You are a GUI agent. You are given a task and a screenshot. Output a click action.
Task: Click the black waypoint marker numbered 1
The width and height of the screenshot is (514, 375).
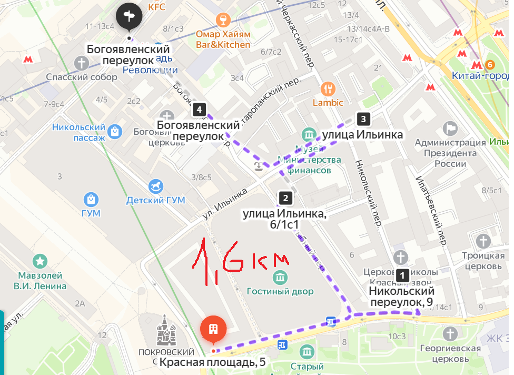pos(402,275)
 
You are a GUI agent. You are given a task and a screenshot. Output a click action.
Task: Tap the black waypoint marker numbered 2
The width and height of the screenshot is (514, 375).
pos(285,198)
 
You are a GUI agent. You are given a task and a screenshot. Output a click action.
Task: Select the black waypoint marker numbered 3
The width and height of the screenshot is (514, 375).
pos(362,119)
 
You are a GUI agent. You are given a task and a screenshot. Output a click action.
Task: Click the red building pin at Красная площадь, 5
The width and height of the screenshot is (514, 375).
pos(213,330)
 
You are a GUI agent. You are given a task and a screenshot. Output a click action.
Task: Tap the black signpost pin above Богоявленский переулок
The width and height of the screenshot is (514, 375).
pos(129,16)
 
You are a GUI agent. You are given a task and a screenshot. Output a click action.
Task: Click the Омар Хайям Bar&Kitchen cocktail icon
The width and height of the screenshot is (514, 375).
pos(223,21)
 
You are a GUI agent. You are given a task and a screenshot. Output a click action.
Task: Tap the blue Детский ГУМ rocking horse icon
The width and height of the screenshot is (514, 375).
pos(156,186)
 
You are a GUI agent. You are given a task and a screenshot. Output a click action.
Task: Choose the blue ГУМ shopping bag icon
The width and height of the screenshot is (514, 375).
pos(92,199)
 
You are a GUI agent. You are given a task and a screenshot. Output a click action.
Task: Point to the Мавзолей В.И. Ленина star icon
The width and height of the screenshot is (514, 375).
pos(40,261)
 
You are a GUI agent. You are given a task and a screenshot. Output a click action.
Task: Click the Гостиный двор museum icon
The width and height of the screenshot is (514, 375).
pos(280,277)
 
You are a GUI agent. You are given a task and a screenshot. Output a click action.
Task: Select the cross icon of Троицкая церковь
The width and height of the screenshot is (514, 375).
pos(483,242)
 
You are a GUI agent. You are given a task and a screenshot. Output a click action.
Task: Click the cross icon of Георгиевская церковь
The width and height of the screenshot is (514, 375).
pos(450,334)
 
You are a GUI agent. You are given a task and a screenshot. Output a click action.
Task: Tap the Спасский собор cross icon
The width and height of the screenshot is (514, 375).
pos(82,64)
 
